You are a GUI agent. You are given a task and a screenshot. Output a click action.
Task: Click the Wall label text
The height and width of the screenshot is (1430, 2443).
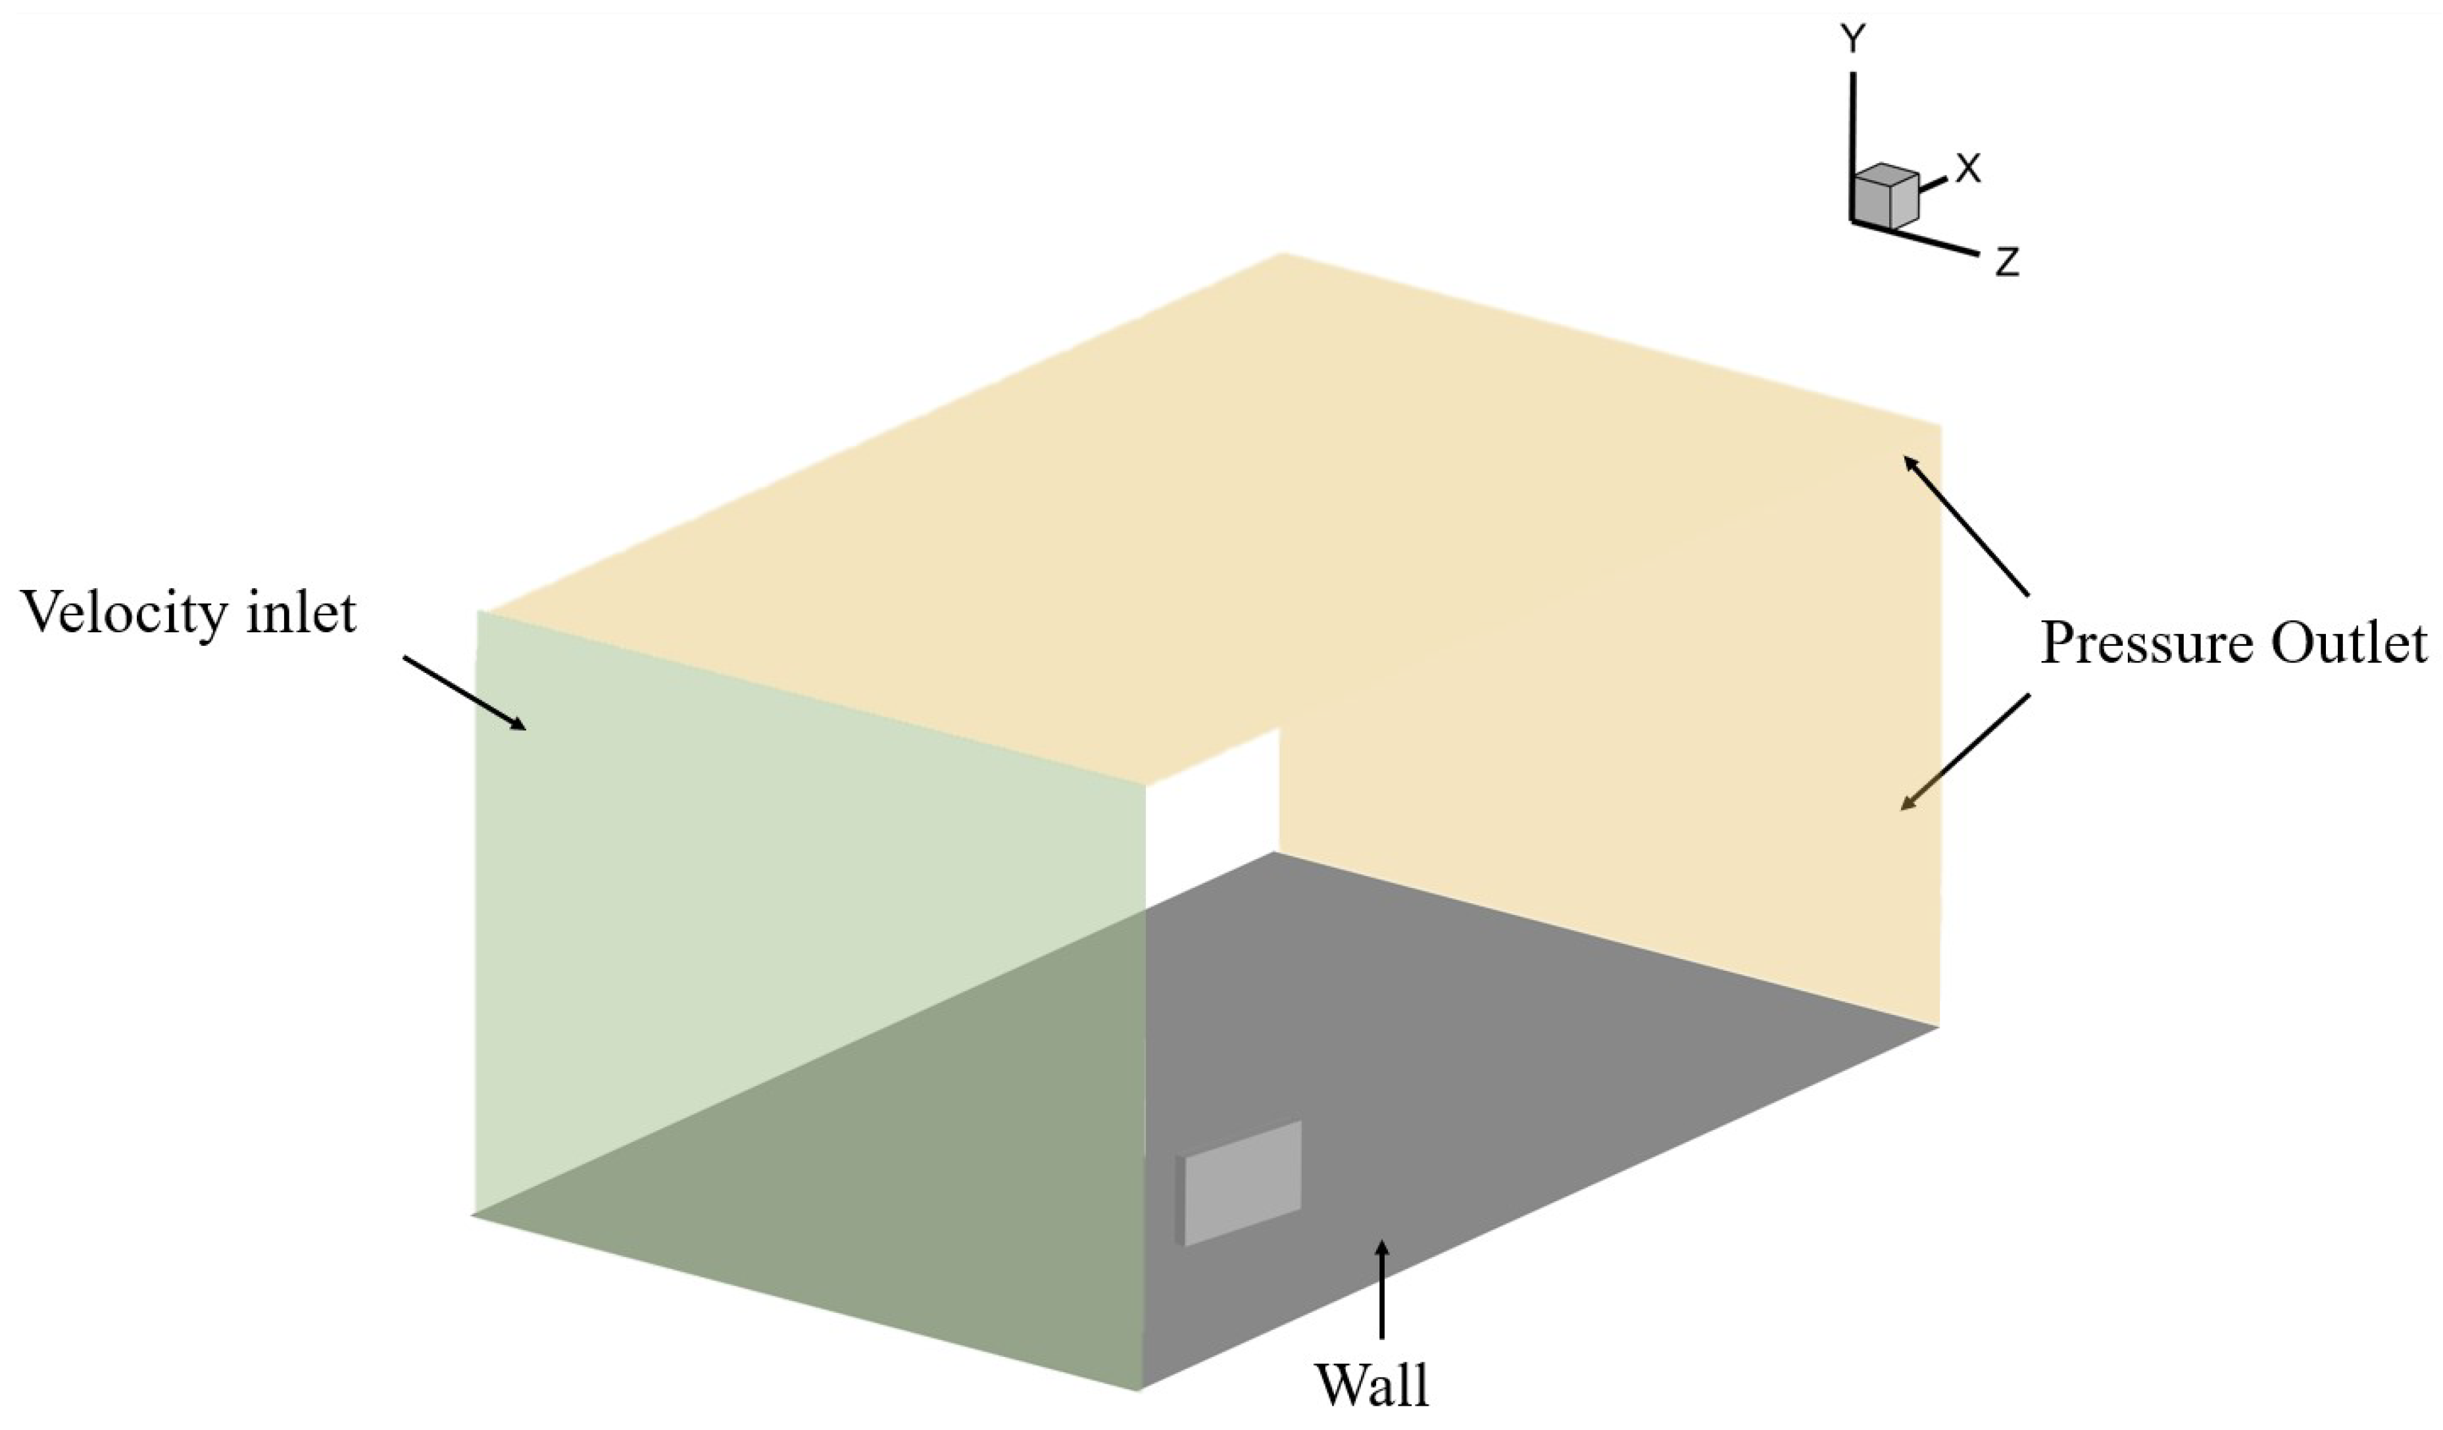click(1371, 1385)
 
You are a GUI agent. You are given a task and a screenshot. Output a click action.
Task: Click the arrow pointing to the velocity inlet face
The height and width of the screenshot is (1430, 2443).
click(464, 692)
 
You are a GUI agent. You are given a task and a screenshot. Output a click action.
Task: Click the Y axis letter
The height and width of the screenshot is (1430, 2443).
click(1852, 39)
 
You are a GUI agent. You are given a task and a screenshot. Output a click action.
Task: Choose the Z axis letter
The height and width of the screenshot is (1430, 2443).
click(2007, 262)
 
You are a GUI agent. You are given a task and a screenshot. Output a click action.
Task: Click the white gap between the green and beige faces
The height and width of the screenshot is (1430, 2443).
click(1212, 819)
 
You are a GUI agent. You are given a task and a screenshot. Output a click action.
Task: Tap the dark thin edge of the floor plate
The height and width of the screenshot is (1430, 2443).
click(1179, 1199)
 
